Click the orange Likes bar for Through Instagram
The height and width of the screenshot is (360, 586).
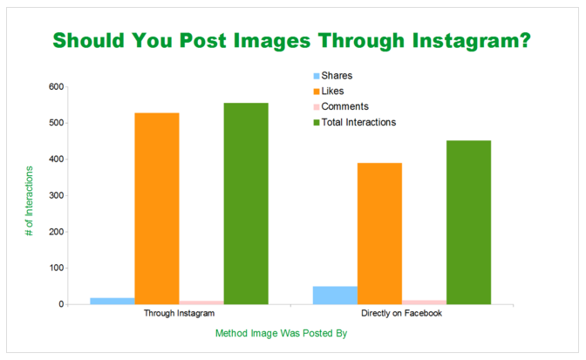157,208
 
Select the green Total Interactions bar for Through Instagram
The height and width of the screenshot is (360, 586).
246,203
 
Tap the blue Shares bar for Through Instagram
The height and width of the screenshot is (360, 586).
112,301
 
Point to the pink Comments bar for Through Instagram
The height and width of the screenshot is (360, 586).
201,302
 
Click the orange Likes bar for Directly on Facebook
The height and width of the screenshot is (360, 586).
379,234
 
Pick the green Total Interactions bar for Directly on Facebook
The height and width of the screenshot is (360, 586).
468,222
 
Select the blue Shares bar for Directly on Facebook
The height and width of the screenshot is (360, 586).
335,295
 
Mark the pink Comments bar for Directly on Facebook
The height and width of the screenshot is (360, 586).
424,302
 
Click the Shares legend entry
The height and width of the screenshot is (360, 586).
333,76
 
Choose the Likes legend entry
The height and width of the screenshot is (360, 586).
329,92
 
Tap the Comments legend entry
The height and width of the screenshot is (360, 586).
341,107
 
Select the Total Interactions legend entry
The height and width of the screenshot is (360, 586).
355,123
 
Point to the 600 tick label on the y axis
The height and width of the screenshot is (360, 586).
56,86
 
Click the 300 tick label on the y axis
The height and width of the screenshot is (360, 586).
56,195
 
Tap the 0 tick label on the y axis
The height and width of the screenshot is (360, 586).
61,304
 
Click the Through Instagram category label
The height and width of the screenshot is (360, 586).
180,313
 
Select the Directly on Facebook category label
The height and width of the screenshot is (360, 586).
402,313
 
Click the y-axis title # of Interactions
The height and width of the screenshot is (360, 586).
29,200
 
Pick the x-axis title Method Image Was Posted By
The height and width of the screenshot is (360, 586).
282,333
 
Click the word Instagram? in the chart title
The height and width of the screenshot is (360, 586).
472,41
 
